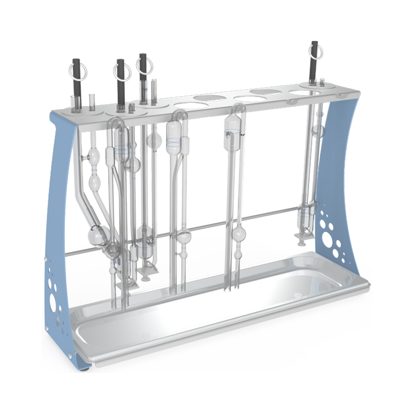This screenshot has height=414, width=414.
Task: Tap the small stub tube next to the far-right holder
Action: pos(322,81)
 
